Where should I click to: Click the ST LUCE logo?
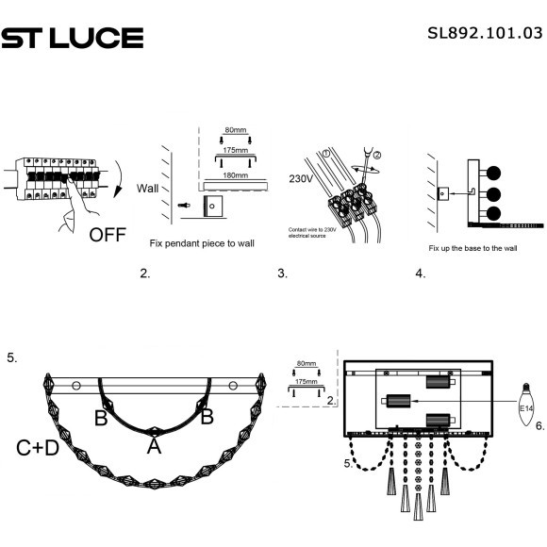tap(73, 38)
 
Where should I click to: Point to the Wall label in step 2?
tap(149, 187)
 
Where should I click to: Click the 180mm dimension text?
tap(236, 174)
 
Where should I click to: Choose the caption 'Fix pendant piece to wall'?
tap(202, 243)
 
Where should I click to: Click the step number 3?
tap(282, 274)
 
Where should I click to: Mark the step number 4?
tap(420, 274)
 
